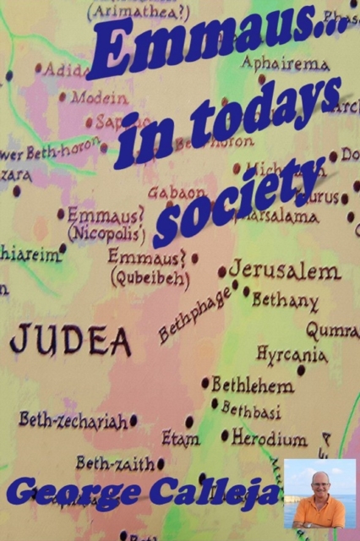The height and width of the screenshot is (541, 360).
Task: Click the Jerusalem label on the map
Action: tap(285, 271)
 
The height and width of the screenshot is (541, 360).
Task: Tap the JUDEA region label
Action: tap(70, 340)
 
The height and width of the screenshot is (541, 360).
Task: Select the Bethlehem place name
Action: tap(253, 385)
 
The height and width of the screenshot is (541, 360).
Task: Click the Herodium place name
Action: tap(270, 439)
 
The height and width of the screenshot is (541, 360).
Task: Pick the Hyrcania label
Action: tap(292, 354)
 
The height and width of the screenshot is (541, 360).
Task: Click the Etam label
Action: tap(180, 439)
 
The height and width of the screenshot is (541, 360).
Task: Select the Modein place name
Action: tap(99, 97)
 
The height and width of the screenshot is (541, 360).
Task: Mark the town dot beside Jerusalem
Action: tap(222, 272)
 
